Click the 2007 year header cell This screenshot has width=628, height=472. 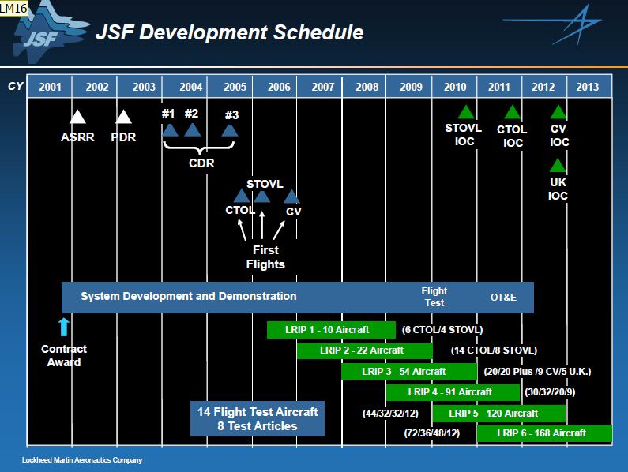coord(322,87)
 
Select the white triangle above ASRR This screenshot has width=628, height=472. coord(77,118)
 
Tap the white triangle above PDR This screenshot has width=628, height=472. coord(124,118)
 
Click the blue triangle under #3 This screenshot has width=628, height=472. coord(230,130)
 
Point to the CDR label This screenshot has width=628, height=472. coord(201,164)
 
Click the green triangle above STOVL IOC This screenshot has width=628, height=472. coord(466,113)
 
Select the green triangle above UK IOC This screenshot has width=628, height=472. coord(558,166)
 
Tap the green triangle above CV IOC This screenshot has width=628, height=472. coord(558,113)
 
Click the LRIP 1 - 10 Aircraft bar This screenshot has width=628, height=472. coord(331,330)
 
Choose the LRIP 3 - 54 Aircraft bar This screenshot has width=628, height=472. coord(408,371)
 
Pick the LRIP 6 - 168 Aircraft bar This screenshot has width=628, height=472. coord(544,433)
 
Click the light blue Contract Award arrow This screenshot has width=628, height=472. coord(64,327)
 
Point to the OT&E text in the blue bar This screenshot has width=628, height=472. coord(503,297)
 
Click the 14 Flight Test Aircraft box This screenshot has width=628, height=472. coord(258,419)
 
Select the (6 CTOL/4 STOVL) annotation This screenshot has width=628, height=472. coord(442,330)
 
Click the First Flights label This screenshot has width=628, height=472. coord(265,257)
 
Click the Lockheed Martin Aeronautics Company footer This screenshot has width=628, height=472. coord(82,459)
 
